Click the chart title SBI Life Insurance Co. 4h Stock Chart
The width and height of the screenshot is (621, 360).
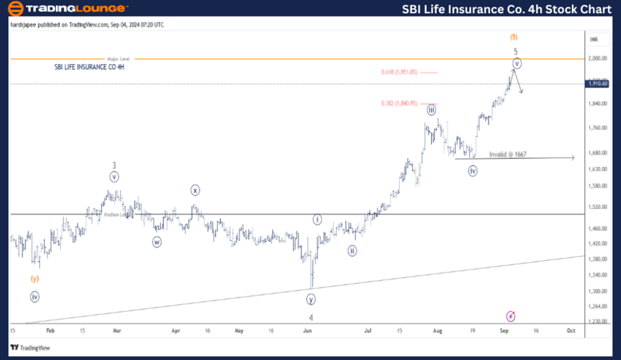pos(506,9)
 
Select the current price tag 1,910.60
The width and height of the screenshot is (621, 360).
pos(598,83)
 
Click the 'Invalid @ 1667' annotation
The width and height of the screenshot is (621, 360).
pos(508,154)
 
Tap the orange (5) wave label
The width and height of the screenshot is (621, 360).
pos(514,37)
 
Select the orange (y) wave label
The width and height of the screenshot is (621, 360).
pos(34,279)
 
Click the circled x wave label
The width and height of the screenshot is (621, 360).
pos(195,190)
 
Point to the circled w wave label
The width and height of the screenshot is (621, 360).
pos(157,242)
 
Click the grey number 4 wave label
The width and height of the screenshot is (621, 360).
pos(311,318)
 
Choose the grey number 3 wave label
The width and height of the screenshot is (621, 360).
pos(115,166)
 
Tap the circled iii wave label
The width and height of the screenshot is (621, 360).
pos(431,110)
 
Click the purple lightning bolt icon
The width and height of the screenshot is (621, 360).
pos(511,316)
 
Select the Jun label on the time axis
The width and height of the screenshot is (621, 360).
pos(308,330)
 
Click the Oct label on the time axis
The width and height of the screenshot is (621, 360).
pos(571,330)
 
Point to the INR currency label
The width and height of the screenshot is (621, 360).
pos(594,39)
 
